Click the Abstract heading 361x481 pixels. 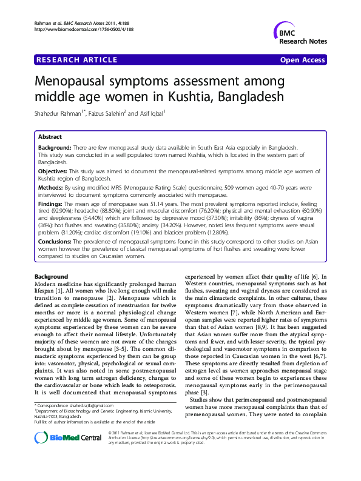click(x=50, y=138)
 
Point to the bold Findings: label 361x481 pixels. click(x=54, y=205)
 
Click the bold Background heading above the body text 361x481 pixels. click(x=52, y=277)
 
